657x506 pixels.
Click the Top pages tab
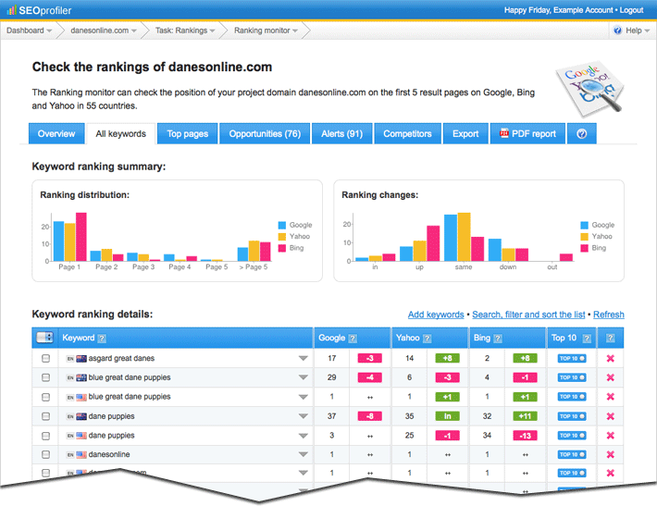188,134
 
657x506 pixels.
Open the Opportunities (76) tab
265,134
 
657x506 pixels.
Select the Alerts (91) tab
341,134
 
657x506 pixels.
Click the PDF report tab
528,134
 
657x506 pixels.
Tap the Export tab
465,134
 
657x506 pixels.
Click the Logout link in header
631,10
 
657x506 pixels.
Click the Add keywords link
436,315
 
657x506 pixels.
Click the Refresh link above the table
608,315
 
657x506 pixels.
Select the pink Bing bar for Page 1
81,237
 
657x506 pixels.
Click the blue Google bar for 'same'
451,239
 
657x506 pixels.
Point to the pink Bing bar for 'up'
433,243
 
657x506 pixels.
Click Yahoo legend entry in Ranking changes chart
597,237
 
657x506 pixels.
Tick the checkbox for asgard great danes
45,358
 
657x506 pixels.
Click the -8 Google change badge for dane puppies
369,416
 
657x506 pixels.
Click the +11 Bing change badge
525,416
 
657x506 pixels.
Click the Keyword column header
78,339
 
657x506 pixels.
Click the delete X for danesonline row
610,455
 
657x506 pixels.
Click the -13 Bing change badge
525,436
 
